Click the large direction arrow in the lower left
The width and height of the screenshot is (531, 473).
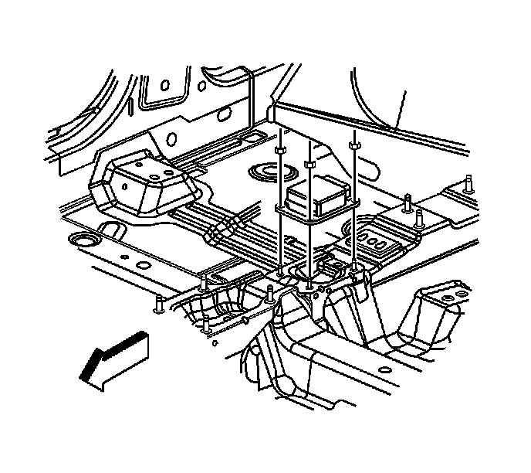113,357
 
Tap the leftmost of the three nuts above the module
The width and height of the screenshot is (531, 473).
280,151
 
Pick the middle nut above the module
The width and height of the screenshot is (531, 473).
309,164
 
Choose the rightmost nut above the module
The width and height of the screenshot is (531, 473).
353,144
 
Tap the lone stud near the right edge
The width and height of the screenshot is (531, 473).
468,185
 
